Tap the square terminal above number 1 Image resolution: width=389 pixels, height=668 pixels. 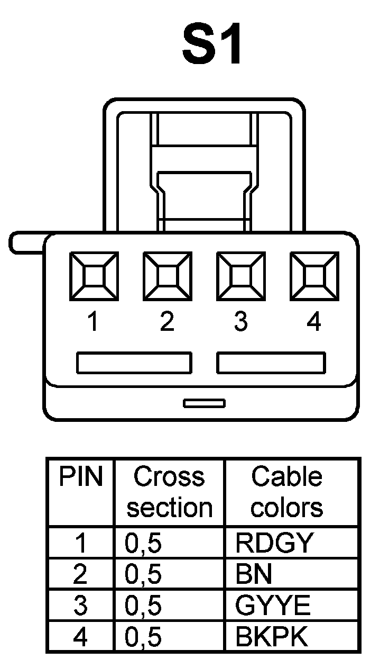[94, 276]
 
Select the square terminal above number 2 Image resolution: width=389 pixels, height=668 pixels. [168, 276]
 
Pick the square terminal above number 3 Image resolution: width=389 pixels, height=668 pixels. [241, 276]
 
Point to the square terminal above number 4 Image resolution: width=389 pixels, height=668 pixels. [314, 276]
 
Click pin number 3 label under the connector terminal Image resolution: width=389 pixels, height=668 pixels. [241, 322]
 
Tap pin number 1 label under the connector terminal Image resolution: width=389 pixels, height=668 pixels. [94, 322]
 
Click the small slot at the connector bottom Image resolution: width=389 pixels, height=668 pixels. [204, 403]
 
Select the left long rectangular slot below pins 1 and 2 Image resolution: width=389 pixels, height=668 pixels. [134, 363]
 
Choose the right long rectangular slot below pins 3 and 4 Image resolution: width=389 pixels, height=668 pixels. [271, 363]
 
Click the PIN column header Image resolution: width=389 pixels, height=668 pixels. [80, 476]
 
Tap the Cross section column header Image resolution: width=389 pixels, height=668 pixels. [169, 492]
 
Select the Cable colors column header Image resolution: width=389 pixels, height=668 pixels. [286, 492]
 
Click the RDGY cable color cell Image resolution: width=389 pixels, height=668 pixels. [274, 543]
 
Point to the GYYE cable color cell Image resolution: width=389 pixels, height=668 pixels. [272, 606]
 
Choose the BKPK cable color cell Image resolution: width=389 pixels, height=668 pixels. [271, 638]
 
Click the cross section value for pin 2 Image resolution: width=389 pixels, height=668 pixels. [143, 574]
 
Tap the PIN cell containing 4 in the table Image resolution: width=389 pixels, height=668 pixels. [80, 638]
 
